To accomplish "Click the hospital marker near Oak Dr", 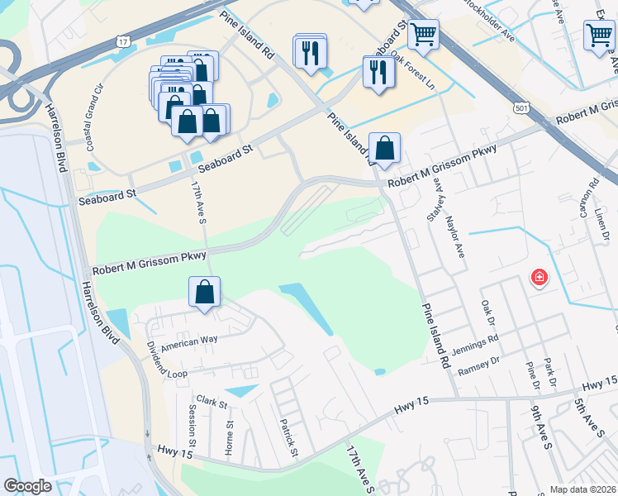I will point(539,277).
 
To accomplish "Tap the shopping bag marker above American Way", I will point(204,291).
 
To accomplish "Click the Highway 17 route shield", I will point(122,41).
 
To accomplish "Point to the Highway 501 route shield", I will point(519,108).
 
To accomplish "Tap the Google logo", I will point(27,486).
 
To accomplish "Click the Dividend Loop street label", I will point(155,360).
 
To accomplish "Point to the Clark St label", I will point(212,403).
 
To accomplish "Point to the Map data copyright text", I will point(583,489).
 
